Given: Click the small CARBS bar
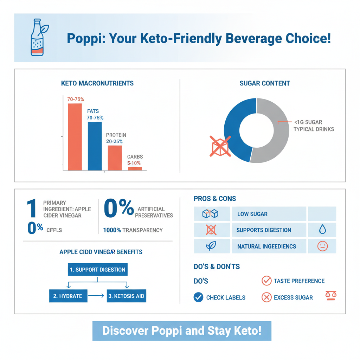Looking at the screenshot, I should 135,169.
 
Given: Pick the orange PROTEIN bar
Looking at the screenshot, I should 115,158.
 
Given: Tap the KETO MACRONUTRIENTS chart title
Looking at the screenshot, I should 97,83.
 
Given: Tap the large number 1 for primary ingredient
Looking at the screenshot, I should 32,209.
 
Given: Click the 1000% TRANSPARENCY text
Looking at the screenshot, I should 133,230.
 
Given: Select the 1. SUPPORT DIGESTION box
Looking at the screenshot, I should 97,270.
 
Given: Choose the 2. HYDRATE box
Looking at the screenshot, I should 67,296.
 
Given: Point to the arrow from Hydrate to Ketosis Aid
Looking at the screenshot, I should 96,296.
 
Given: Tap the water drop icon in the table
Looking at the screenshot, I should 322,230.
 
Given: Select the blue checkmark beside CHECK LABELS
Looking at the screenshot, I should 198,297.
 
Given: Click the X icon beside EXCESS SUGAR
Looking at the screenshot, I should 266,297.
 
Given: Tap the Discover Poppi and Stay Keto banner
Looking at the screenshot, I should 182,331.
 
